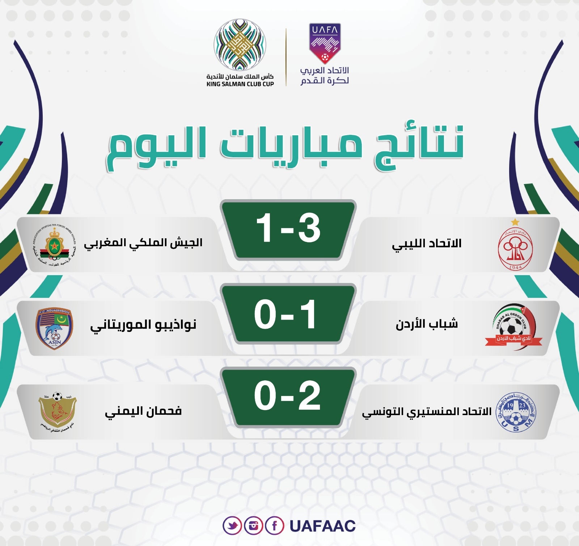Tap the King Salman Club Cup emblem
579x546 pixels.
(x=240, y=45)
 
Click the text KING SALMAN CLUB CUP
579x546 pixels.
(x=240, y=84)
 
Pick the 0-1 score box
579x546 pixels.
(x=288, y=314)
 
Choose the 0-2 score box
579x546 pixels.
(x=288, y=396)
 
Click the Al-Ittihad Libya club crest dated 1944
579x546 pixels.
(x=515, y=249)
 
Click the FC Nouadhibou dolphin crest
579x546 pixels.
(x=54, y=328)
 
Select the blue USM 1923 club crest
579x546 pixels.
(x=516, y=412)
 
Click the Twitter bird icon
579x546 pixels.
(x=232, y=525)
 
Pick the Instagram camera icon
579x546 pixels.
(x=253, y=525)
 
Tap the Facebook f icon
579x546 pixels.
(x=274, y=525)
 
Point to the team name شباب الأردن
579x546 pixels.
(x=427, y=324)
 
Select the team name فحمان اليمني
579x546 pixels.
(x=143, y=411)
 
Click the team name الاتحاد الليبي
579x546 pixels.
(x=427, y=244)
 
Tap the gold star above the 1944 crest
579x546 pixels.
(x=515, y=222)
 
